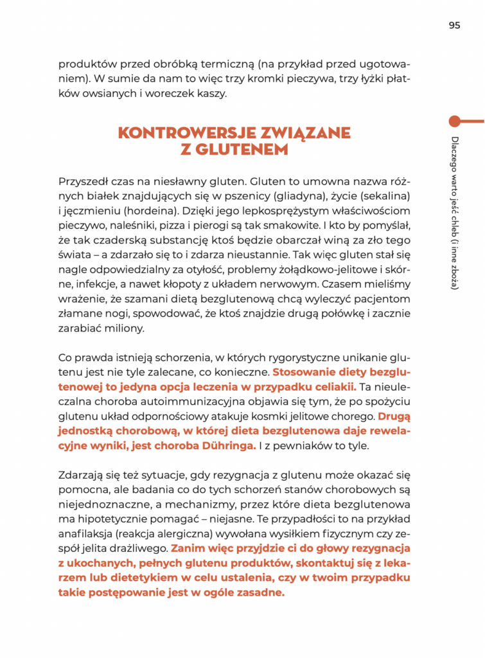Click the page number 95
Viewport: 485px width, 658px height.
click(454, 26)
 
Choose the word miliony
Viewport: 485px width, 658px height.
click(123, 328)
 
